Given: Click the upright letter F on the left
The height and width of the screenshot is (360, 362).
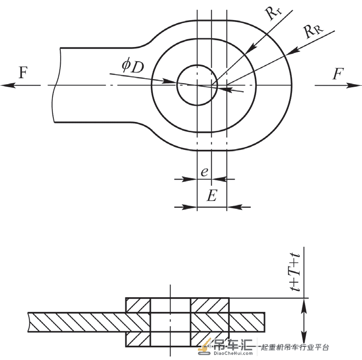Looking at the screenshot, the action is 23,72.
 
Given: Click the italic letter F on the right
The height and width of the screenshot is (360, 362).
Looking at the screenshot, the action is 338,73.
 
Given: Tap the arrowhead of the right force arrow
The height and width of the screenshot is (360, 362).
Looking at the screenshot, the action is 354,85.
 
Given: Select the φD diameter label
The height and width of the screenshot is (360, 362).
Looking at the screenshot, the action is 133,66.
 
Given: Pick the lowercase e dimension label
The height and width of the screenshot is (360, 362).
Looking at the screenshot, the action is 205,172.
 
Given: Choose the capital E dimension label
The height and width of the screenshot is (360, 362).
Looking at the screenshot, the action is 212,195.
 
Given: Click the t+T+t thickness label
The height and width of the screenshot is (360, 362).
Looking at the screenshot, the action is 295,272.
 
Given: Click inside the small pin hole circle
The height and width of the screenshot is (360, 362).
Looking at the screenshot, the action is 197,85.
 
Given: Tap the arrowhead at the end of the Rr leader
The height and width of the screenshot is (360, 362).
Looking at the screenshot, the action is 253,47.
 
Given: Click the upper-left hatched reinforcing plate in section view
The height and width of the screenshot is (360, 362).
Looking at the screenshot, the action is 138,305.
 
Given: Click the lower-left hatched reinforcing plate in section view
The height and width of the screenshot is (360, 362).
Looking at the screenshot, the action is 138,339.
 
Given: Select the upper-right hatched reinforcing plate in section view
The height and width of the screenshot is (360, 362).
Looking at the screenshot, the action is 210,305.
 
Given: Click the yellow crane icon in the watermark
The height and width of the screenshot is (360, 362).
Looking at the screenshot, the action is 205,347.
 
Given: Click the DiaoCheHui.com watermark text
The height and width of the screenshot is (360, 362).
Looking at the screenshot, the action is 233,353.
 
